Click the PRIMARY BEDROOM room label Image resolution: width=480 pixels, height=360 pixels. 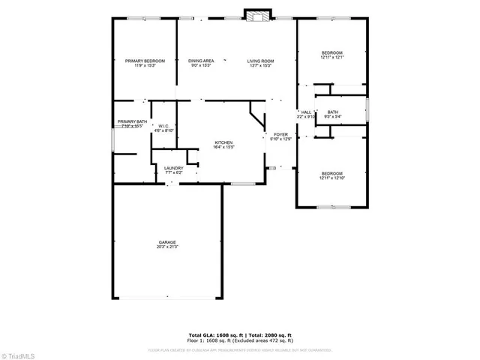(x=145, y=61)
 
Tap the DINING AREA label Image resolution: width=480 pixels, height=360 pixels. (x=201, y=61)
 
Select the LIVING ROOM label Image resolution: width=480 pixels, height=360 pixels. (x=261, y=61)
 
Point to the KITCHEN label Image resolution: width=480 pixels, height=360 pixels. (x=224, y=142)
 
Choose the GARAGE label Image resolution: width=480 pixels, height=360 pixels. (x=167, y=242)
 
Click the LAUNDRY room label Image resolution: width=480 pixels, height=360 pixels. (x=174, y=168)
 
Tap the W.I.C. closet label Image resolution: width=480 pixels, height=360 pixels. (x=163, y=126)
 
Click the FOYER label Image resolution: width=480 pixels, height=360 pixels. (x=280, y=134)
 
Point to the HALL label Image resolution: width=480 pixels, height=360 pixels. (x=306, y=112)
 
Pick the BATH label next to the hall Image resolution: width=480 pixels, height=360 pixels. (x=332, y=112)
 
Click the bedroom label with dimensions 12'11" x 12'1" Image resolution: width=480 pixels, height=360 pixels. (x=331, y=52)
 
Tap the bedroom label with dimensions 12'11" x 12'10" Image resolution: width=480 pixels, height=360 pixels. (x=331, y=173)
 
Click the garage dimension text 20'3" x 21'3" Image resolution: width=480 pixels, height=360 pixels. (x=167, y=247)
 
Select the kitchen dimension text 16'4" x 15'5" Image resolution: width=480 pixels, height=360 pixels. (x=224, y=147)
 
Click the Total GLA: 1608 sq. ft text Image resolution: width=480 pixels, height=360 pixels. (x=211, y=334)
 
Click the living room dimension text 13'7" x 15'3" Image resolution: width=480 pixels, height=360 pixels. (x=261, y=65)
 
